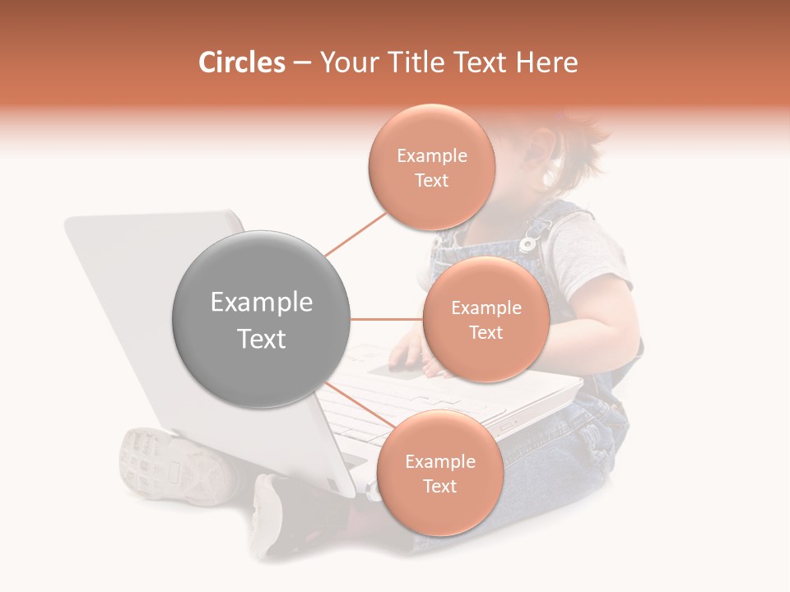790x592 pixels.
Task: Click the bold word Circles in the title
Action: click(242, 62)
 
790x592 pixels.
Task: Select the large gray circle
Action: click(261, 320)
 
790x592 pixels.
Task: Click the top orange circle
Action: click(431, 167)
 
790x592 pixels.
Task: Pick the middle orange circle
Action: click(486, 319)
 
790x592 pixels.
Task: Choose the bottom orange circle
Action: click(439, 473)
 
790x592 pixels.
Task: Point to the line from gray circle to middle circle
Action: click(386, 319)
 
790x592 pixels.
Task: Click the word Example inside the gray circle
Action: click(261, 303)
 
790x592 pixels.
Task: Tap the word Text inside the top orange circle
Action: click(431, 181)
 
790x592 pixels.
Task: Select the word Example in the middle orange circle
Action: click(486, 308)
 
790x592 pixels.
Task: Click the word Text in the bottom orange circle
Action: click(439, 486)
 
